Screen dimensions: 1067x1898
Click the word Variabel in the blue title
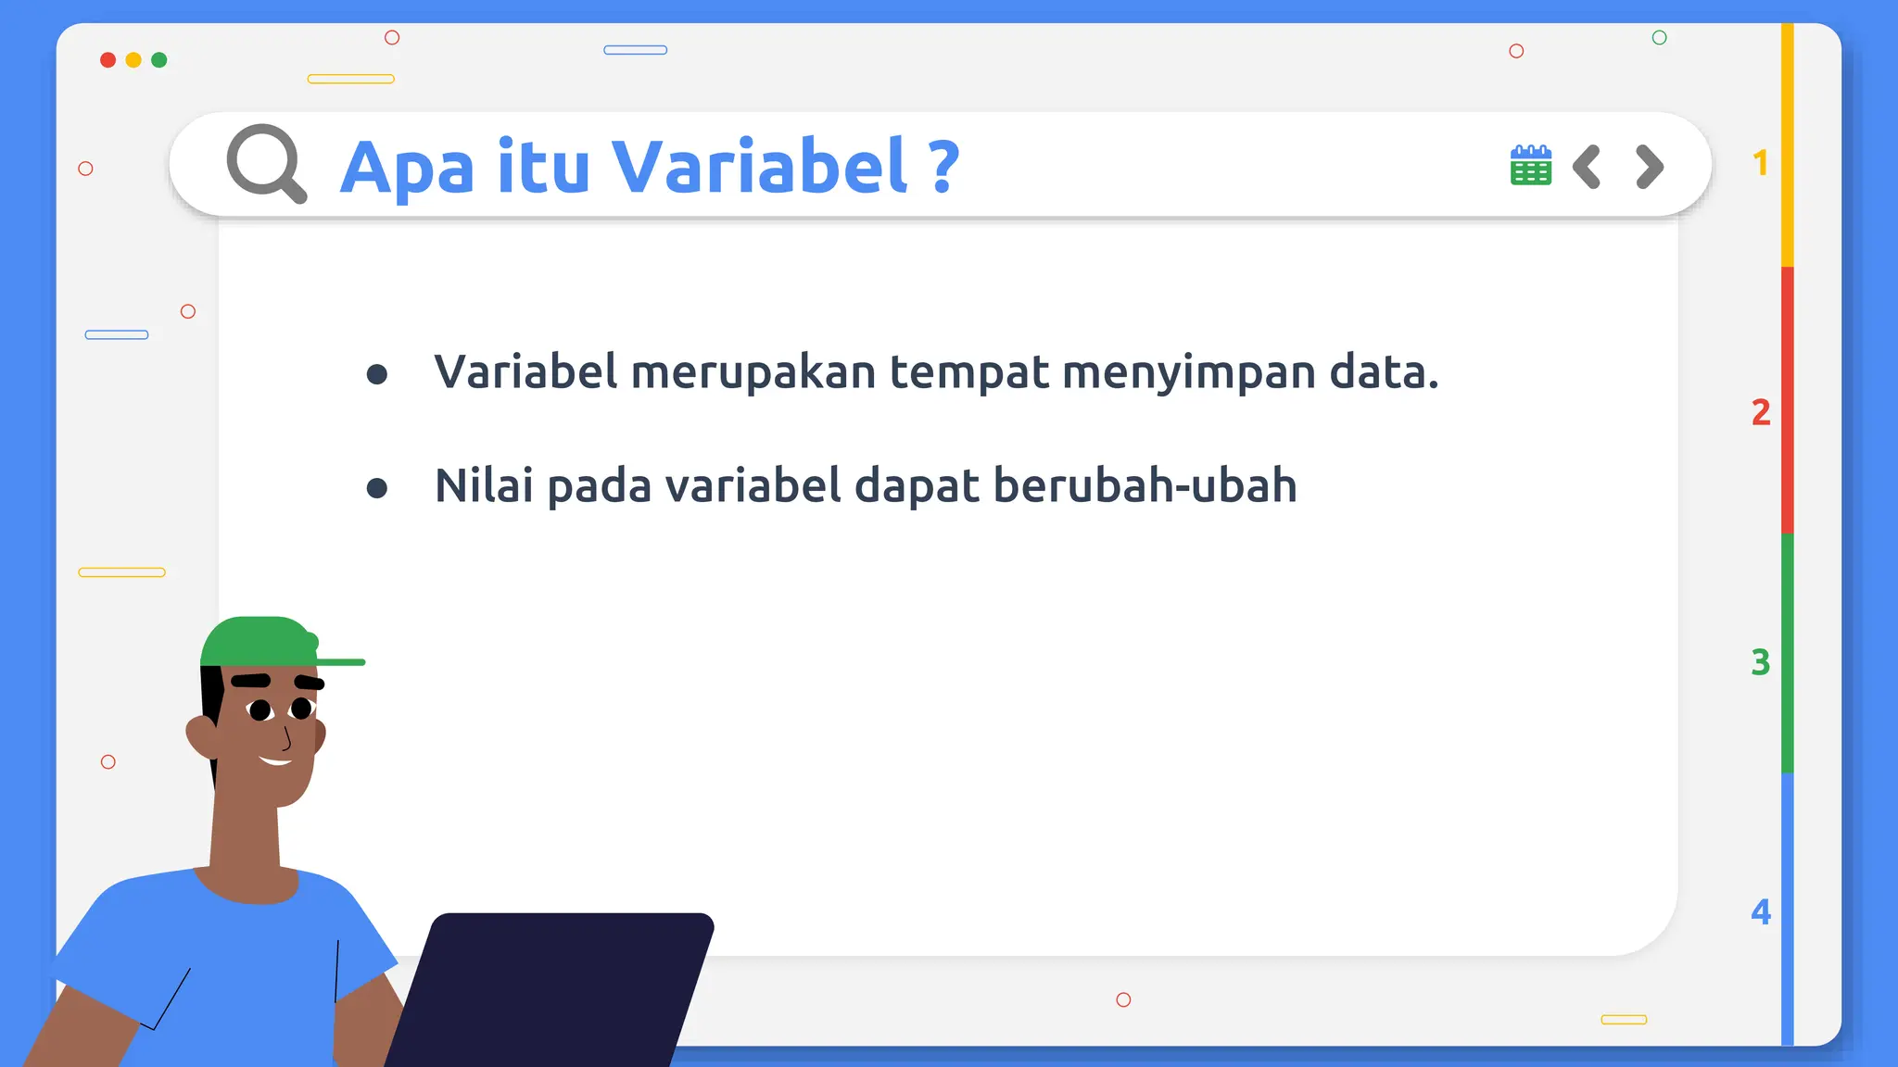(x=760, y=167)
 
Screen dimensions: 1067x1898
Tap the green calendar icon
(x=1530, y=166)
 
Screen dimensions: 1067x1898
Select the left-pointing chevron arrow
(x=1587, y=167)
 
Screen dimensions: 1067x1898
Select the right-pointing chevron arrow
(x=1650, y=167)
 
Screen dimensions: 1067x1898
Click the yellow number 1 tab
(x=1760, y=163)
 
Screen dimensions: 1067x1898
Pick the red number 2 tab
(x=1760, y=412)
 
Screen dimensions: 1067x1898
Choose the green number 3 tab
(x=1760, y=662)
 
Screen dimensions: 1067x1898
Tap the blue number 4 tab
(x=1760, y=911)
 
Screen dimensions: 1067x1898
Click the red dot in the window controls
(x=108, y=60)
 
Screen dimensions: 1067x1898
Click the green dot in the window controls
(x=159, y=60)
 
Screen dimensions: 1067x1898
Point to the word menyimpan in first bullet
(x=1189, y=372)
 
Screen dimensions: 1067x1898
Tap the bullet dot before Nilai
(x=376, y=488)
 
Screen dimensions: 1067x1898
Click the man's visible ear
(x=201, y=734)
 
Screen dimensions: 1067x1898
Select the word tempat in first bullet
(x=969, y=372)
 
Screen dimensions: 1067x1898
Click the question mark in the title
(x=943, y=167)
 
